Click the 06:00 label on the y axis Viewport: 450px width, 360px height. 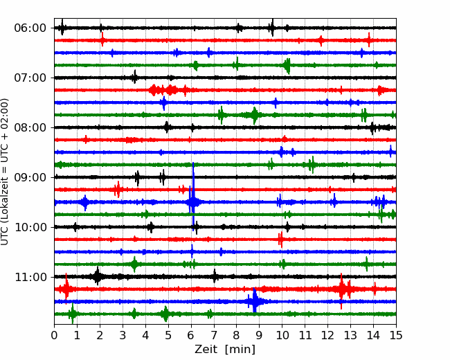coord(30,28)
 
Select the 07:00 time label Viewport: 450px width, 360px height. coord(30,78)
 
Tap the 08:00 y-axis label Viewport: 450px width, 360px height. coord(30,127)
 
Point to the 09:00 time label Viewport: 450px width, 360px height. coord(30,177)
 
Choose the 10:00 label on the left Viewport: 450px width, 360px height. coord(30,227)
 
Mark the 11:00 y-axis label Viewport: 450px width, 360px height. coord(30,277)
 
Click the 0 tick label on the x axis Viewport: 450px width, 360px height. coord(54,335)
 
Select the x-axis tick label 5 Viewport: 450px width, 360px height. coord(168,335)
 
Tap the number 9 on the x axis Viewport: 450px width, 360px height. coord(260,335)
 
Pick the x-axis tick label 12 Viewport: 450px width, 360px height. coord(327,335)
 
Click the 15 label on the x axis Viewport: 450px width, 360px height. coord(396,335)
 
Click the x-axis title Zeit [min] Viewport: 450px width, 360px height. coord(225,350)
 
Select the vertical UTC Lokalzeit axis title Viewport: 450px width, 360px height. coord(5,172)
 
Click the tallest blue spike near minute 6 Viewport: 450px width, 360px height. coord(193,195)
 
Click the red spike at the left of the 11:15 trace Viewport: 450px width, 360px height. coord(66,288)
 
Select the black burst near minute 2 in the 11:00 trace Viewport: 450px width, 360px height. coord(98,276)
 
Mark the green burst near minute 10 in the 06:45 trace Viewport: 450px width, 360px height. coord(287,66)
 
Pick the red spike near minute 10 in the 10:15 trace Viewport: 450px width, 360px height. coord(280,239)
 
